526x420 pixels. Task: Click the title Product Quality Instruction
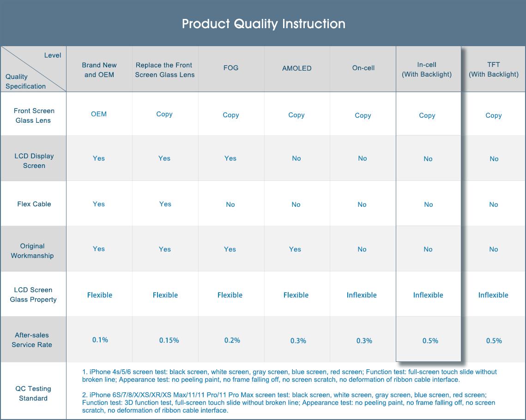coord(263,24)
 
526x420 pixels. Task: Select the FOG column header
coord(231,68)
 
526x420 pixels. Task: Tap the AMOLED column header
coord(296,68)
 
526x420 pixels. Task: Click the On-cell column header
coord(363,68)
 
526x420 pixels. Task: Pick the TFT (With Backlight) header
coord(494,69)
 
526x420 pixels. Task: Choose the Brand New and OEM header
coord(99,70)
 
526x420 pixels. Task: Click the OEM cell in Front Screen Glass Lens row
coord(99,114)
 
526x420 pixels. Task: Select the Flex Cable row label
coord(34,204)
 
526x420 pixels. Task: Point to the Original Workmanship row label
coord(32,251)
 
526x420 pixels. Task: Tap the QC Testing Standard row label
coord(33,393)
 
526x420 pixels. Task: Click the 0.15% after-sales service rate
coord(169,340)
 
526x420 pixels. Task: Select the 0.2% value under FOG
coord(232,340)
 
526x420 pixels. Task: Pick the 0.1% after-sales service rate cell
coord(100,340)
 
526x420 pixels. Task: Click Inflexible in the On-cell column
coord(362,295)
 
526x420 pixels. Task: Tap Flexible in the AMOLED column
coord(296,295)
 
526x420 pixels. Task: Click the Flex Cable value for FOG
coord(230,204)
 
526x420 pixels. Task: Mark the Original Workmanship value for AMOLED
coord(295,249)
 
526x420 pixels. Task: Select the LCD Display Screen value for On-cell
coord(363,158)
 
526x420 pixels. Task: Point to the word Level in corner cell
coord(53,55)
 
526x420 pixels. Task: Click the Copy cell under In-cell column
coord(427,116)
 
